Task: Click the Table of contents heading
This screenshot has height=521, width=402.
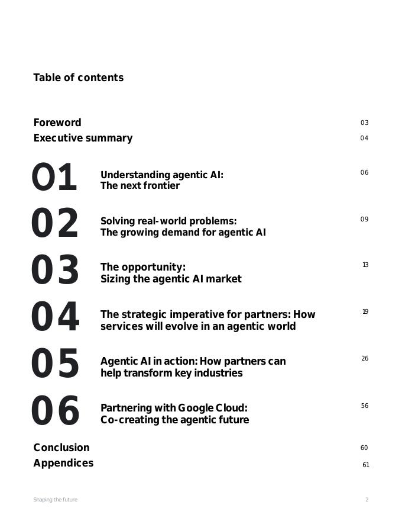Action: pos(78,78)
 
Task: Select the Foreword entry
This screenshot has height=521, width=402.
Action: pos(57,123)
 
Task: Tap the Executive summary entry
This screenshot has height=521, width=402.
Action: pos(83,138)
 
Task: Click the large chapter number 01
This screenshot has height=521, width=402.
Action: pos(54,178)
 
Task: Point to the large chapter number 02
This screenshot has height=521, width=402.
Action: pos(54,224)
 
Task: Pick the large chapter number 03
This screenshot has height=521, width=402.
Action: pos(54,271)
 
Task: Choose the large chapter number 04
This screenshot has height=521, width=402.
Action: pos(54,317)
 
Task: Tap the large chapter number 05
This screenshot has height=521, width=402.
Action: pos(54,364)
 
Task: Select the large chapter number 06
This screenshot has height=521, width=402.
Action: pos(54,411)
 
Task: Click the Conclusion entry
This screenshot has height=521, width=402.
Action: pos(61,448)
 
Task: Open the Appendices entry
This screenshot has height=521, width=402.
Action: pos(63,463)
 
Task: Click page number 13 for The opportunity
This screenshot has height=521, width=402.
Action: pos(365,265)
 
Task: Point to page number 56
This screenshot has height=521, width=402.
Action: pos(365,406)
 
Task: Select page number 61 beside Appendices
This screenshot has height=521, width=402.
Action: pos(366,465)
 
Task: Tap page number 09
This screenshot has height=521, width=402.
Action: pos(364,220)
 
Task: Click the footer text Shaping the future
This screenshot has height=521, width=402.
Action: pos(55,500)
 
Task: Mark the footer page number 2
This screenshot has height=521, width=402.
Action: pos(367,500)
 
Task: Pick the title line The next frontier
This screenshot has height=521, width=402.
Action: pos(140,186)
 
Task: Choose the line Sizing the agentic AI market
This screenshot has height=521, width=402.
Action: pos(171,279)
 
